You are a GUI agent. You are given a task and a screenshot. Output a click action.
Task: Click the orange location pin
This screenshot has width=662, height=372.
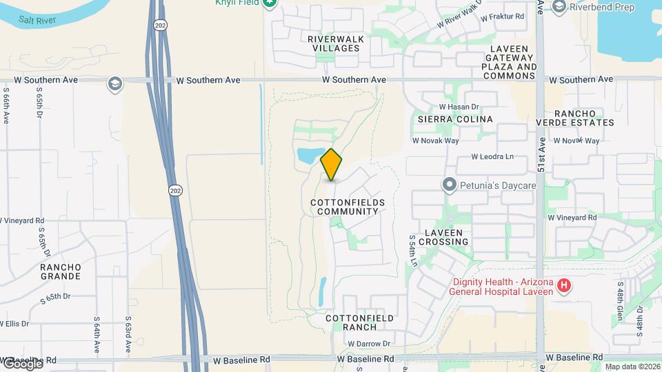pos(332,164)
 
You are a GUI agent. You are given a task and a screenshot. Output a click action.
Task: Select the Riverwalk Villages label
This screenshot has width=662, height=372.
pos(336,44)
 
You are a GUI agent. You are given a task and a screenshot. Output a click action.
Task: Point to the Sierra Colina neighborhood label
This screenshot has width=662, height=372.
pos(455,119)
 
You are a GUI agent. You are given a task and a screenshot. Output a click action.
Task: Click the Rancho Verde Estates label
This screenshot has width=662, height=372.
pos(575,118)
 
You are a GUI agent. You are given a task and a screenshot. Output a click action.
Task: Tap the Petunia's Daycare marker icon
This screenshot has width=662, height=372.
pos(450,185)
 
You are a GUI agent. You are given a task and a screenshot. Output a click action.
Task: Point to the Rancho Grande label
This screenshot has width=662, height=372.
pos(60,271)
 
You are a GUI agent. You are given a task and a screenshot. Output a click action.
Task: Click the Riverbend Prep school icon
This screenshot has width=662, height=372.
pos(559,7)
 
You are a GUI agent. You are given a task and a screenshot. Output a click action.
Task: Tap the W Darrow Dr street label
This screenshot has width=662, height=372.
pos(369,344)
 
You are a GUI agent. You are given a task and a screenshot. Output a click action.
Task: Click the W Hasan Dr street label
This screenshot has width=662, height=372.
pos(459,107)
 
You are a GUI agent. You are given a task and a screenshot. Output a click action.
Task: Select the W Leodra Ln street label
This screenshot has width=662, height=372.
pos(492,156)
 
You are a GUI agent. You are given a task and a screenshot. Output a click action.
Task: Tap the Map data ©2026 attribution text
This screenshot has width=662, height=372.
pos(632,366)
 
